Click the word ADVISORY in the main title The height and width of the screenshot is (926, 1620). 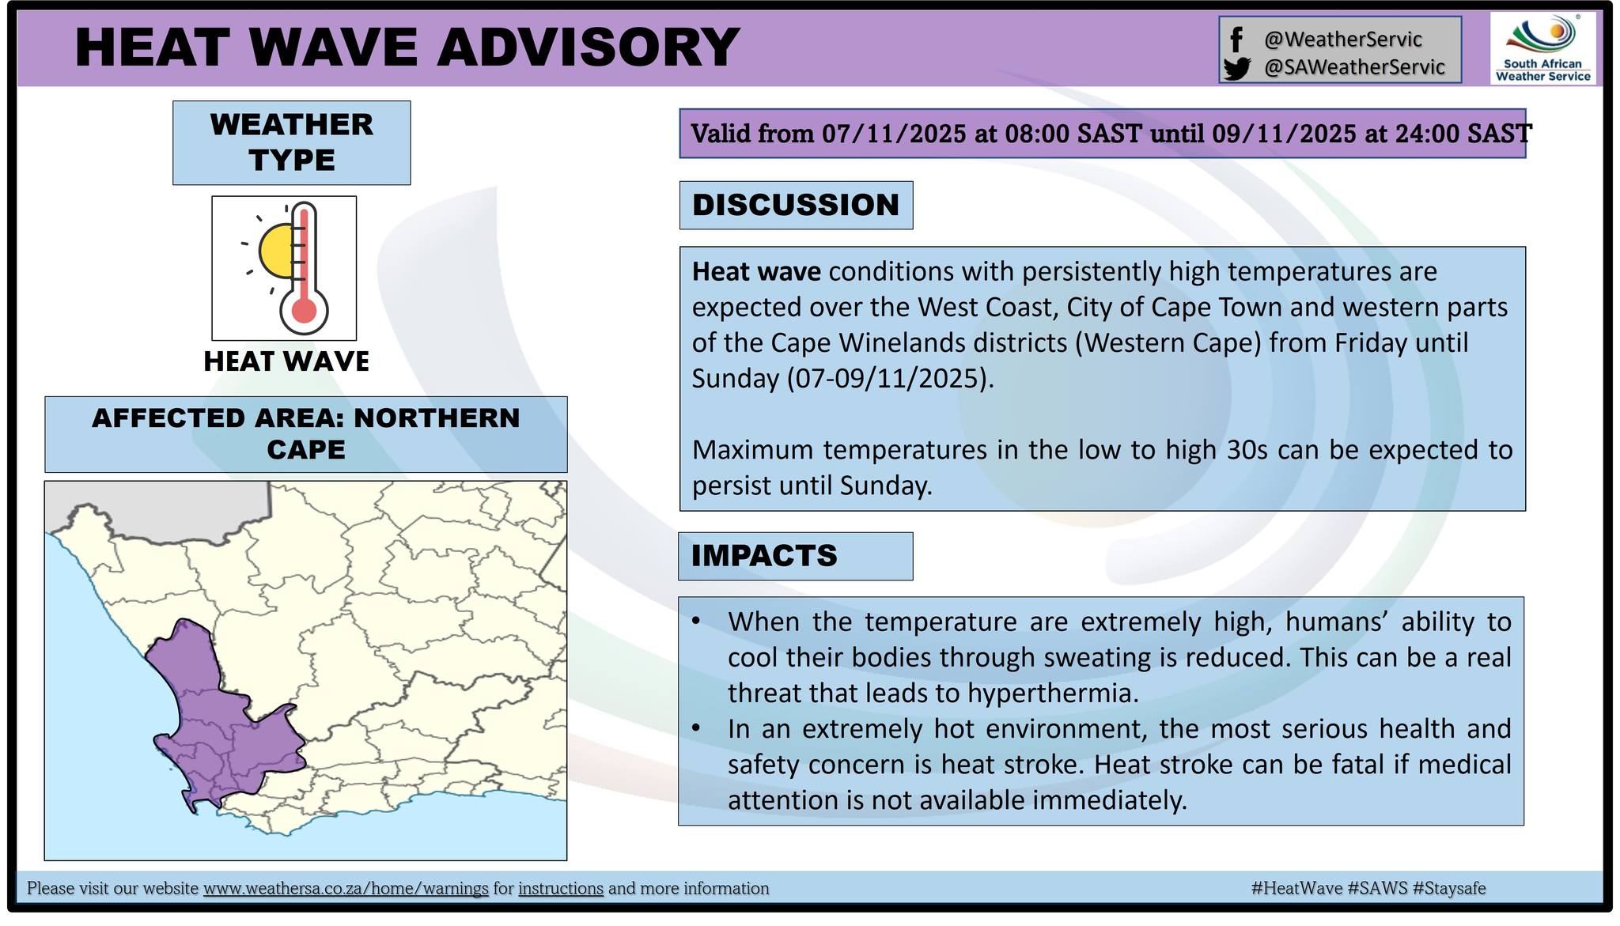click(x=588, y=47)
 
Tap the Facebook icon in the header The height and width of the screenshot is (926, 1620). click(x=1236, y=39)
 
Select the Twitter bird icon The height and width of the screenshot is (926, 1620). click(x=1236, y=69)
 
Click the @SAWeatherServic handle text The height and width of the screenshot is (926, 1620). click(x=1354, y=67)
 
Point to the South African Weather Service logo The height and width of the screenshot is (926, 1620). click(x=1543, y=49)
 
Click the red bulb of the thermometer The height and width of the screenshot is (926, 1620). click(x=304, y=309)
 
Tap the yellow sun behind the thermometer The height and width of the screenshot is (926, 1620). click(x=276, y=250)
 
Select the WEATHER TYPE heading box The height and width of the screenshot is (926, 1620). click(x=292, y=142)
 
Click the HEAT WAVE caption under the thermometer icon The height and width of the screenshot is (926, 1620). click(x=286, y=361)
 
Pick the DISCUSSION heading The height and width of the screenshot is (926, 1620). click(x=796, y=205)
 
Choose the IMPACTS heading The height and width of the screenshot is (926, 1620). click(x=764, y=555)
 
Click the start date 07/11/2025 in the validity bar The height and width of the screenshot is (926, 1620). click(x=894, y=134)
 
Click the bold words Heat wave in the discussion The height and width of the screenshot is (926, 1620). click(x=756, y=271)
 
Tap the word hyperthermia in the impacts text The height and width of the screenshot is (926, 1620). click(x=1053, y=694)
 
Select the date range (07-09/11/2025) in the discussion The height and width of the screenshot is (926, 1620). click(x=890, y=379)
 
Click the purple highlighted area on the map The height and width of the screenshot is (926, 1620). click(x=214, y=728)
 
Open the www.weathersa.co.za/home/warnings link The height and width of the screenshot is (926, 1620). click(x=346, y=889)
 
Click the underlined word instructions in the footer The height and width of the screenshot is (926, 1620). click(x=561, y=889)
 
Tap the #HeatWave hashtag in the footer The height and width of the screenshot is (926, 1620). click(x=1296, y=889)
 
